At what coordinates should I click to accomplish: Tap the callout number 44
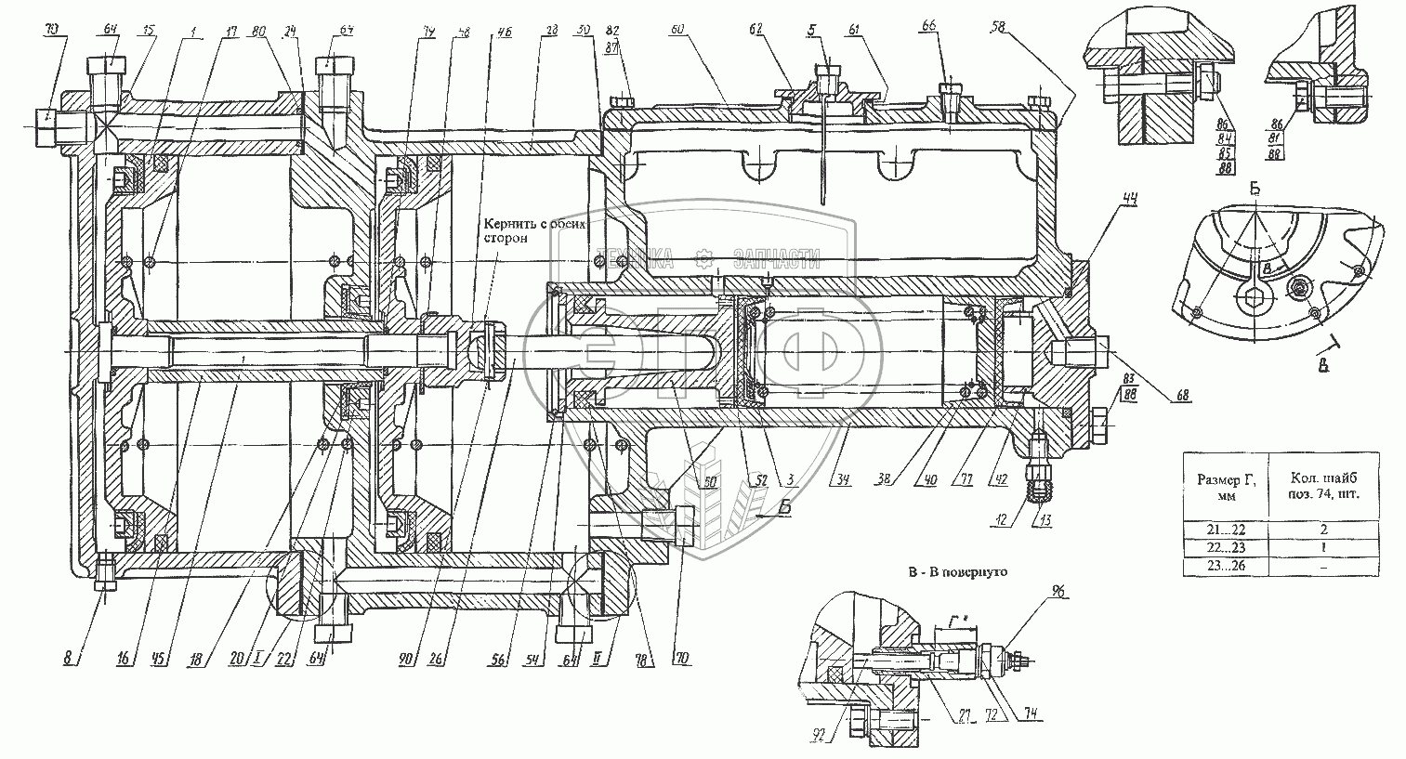(1103, 198)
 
